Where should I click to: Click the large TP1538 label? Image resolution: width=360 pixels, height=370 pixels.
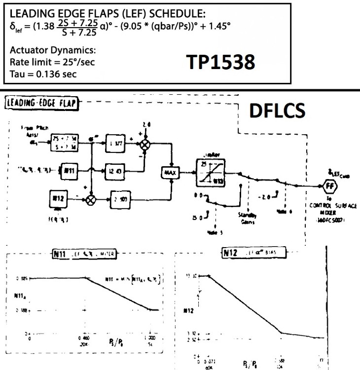(x=220, y=62)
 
